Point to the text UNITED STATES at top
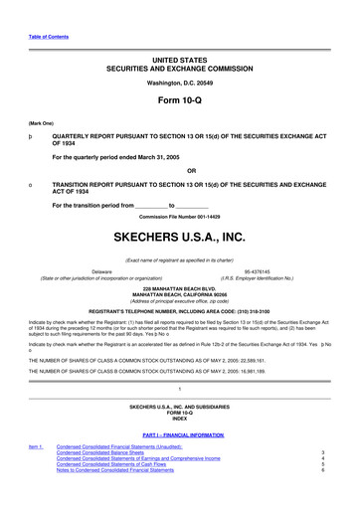(x=180, y=34)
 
